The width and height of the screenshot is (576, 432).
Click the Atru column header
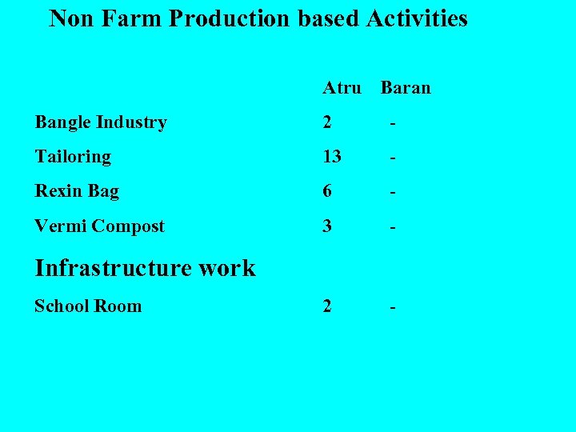(x=342, y=87)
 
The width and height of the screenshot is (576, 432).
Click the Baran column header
(x=406, y=87)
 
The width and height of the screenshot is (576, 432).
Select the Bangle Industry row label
(x=100, y=122)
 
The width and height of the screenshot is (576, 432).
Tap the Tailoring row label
(x=73, y=157)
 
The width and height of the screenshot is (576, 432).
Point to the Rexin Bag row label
(x=77, y=191)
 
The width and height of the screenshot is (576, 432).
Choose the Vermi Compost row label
(x=99, y=226)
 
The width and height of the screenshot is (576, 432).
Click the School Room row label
(x=88, y=306)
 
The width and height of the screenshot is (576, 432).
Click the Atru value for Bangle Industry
(x=327, y=122)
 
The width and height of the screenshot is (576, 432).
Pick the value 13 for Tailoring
(x=332, y=157)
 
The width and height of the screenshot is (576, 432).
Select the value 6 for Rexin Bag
(x=327, y=191)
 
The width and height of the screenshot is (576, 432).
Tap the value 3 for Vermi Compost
(x=327, y=226)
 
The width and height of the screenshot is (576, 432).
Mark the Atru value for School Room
(x=327, y=306)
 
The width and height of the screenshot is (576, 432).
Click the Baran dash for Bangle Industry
(x=393, y=124)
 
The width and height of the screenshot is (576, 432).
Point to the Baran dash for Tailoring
(x=393, y=158)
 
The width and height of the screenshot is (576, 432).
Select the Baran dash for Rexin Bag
(x=393, y=193)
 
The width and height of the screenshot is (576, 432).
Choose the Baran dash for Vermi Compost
(x=393, y=228)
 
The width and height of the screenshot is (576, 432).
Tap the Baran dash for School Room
(x=393, y=308)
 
